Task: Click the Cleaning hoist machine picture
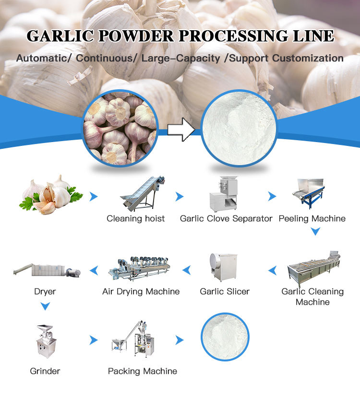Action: point(142,194)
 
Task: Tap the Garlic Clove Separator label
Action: point(226,218)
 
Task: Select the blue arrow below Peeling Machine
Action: point(315,231)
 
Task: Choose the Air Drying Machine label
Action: point(141,291)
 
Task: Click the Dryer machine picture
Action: point(47,271)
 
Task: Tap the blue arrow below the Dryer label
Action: point(45,306)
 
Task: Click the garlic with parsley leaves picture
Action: point(50,194)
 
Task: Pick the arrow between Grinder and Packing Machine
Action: point(94,340)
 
